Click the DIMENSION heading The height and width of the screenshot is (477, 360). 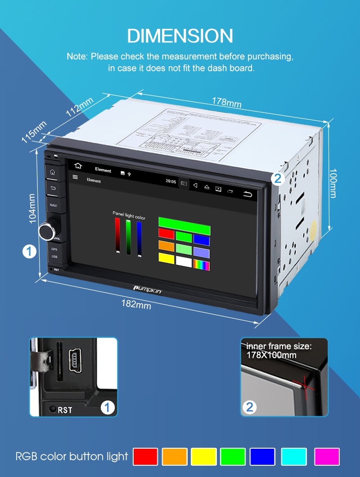click(180, 36)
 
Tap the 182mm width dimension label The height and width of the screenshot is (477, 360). click(136, 305)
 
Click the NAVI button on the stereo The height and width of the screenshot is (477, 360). click(53, 205)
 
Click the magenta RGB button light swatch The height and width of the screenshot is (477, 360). click(327, 456)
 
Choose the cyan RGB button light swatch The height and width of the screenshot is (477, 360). click(294, 456)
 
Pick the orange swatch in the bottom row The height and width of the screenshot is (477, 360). click(174, 456)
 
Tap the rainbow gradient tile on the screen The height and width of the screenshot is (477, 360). click(201, 265)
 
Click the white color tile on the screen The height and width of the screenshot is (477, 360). click(184, 261)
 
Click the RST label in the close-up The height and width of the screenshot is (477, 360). click(65, 410)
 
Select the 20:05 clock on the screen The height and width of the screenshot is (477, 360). click(171, 181)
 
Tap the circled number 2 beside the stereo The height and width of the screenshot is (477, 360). click(278, 179)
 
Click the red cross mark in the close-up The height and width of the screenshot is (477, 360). click(305, 387)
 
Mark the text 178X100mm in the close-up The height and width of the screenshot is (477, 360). click(271, 355)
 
